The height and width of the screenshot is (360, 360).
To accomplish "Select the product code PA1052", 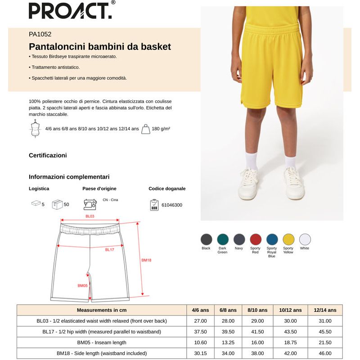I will coord(40,34).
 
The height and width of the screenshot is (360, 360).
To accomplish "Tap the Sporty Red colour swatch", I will coord(256,239).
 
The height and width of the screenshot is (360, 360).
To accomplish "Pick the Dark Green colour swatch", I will coord(222,239).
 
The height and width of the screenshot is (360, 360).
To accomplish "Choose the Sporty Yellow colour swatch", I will coord(288,239).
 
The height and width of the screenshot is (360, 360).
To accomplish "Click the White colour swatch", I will coord(305,239).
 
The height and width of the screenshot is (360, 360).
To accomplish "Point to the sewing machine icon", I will coord(90,204).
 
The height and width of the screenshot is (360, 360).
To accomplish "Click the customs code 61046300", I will coord(171,205).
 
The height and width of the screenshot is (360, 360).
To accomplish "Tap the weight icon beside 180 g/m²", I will coord(146,129).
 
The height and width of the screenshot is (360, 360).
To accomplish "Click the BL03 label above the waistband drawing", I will coord(90,216).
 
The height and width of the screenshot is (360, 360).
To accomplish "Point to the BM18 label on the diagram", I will coord(146,260).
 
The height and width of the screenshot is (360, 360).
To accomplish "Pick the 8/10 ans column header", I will coord(257,310).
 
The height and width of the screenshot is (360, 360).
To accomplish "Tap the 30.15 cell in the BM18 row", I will coord(200,353).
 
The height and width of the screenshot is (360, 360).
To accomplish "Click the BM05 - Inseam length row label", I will coord(101,342).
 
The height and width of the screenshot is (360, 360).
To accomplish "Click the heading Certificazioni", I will coord(48,155).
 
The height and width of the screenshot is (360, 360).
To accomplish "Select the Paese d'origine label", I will coord(99,189).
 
